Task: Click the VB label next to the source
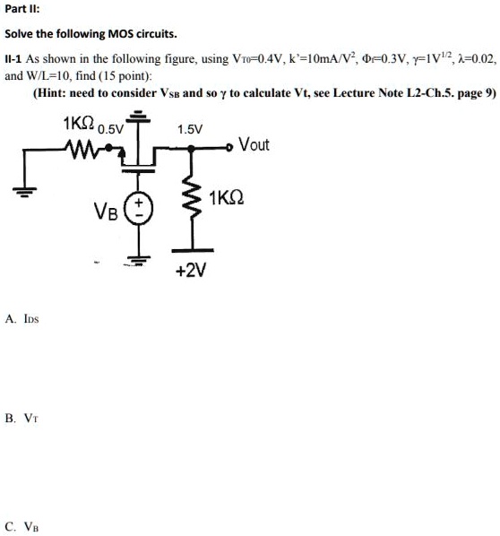[x=106, y=212]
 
